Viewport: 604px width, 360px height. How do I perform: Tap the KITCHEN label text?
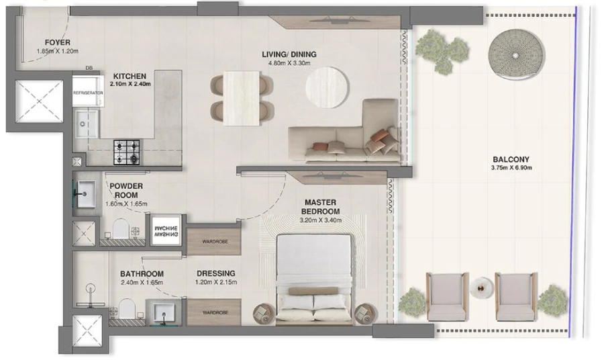coord(130,76)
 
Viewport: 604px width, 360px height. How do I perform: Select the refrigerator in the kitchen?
coord(87,92)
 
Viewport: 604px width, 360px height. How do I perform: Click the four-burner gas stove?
coord(126,152)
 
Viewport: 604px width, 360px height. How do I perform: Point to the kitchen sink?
coord(87,124)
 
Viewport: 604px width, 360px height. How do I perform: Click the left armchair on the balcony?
coord(446,296)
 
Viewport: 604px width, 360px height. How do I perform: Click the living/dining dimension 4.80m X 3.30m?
coord(290,64)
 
